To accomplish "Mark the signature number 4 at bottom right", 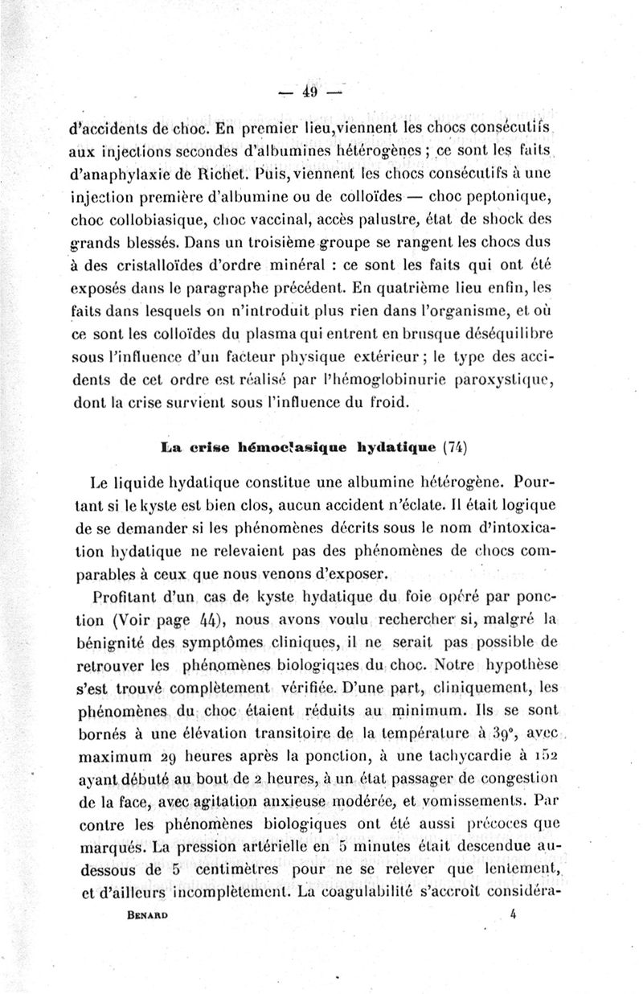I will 513,891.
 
